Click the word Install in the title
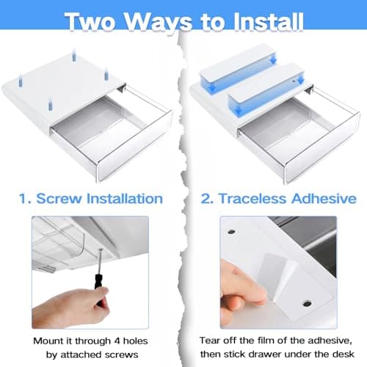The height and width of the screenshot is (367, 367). [x=269, y=21]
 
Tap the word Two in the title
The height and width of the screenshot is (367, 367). [x=90, y=21]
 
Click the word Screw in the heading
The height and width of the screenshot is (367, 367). [x=59, y=198]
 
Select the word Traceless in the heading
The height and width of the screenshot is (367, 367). [x=252, y=198]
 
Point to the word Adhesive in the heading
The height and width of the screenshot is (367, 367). [x=324, y=198]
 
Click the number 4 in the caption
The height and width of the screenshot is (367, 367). [x=117, y=341]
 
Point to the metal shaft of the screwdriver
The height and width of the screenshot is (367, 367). [x=100, y=262]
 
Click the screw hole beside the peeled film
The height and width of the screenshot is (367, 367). [x=307, y=304]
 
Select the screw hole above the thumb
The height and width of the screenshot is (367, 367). [x=231, y=231]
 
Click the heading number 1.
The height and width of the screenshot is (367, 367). [x=25, y=199]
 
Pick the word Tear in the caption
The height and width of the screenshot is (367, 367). [x=208, y=341]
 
